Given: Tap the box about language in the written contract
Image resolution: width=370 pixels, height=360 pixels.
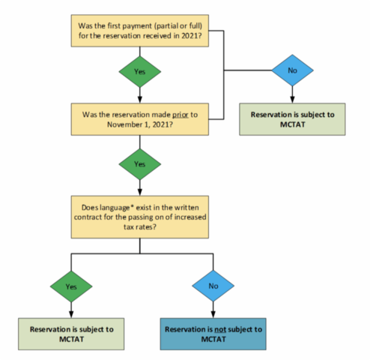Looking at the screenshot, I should pos(142,217).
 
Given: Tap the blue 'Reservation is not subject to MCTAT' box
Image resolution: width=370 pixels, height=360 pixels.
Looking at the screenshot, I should pos(214,334).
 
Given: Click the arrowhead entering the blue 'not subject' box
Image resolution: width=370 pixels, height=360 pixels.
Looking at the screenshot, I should pos(214,313).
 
